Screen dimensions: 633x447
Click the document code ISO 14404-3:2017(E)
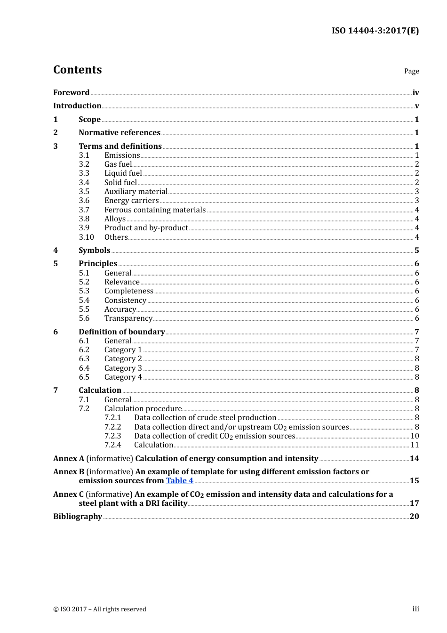pyautogui.click(x=375, y=31)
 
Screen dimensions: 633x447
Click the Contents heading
pyautogui.click(x=77, y=70)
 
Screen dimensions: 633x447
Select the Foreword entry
pyautogui.click(x=71, y=93)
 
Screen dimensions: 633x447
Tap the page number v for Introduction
pyautogui.click(x=416, y=106)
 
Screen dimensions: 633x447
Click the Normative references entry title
pyautogui.click(x=120, y=133)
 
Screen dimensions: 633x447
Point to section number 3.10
pyautogui.click(x=86, y=237)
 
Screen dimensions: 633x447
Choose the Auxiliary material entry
pyautogui.click(x=136, y=192)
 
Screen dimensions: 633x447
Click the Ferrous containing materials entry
pyautogui.click(x=155, y=210)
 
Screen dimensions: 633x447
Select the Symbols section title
pyautogui.click(x=94, y=251)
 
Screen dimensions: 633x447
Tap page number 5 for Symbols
pyautogui.click(x=416, y=251)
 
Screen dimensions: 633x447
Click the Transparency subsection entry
pyautogui.click(x=128, y=318)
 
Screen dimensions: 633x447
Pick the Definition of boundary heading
pyautogui.click(x=121, y=332)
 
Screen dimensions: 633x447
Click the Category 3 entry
pyautogui.click(x=123, y=368)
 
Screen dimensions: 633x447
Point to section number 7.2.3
pyautogui.click(x=112, y=436)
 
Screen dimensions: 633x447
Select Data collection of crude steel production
pyautogui.click(x=205, y=418)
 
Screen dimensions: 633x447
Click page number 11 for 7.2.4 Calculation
pyautogui.click(x=415, y=445)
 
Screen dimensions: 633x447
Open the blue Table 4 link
pyautogui.click(x=179, y=481)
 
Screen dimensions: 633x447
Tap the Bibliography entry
pyautogui.click(x=78, y=517)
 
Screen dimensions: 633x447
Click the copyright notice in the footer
pyautogui.click(x=100, y=609)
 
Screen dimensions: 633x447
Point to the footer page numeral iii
pyautogui.click(x=415, y=609)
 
